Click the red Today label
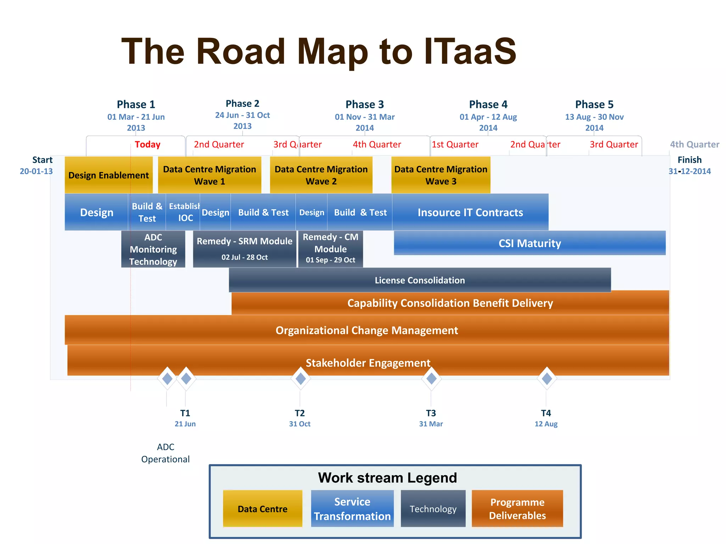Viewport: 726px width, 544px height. click(x=147, y=144)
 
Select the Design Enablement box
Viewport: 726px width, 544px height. click(x=108, y=175)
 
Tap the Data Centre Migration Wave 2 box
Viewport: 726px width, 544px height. click(x=321, y=175)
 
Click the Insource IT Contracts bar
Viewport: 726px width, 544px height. click(x=470, y=212)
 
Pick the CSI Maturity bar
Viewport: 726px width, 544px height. click(x=530, y=243)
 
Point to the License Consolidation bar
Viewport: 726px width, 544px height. click(x=420, y=280)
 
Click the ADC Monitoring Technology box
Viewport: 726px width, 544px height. click(x=153, y=249)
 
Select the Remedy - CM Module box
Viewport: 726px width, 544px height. click(x=330, y=249)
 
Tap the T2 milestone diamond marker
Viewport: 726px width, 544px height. click(x=301, y=379)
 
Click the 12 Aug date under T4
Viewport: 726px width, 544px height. click(x=546, y=424)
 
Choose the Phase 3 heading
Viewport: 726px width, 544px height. click(x=364, y=104)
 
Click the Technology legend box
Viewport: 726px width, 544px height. click(x=433, y=509)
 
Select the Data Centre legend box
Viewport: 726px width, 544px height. click(x=262, y=509)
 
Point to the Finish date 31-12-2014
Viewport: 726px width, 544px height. click(x=689, y=171)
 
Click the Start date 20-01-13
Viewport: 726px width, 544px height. click(x=36, y=171)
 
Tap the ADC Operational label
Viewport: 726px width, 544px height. click(x=166, y=453)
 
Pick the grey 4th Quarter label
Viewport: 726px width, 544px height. click(x=694, y=144)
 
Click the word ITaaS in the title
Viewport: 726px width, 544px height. click(x=470, y=52)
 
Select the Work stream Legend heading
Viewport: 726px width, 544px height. click(x=387, y=478)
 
